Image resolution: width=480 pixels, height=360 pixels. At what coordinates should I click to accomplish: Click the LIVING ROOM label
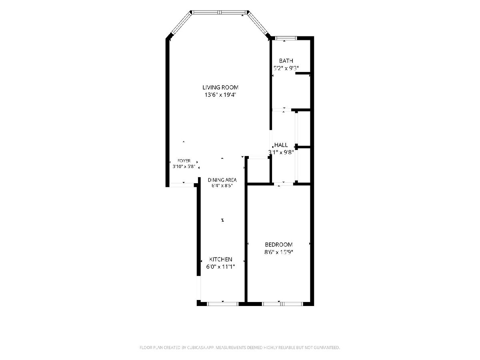pyautogui.click(x=220, y=88)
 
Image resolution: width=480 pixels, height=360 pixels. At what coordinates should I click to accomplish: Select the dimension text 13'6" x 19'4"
pyautogui.click(x=220, y=95)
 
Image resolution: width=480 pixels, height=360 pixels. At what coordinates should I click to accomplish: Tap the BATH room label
pyautogui.click(x=286, y=60)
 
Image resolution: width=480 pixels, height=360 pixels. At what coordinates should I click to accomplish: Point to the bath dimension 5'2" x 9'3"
pyautogui.click(x=286, y=68)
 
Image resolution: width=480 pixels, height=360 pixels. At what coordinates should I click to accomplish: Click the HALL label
pyautogui.click(x=281, y=145)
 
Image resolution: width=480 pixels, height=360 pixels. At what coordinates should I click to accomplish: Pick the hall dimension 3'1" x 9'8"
pyautogui.click(x=281, y=152)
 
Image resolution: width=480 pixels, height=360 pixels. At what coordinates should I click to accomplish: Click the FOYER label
pyautogui.click(x=184, y=161)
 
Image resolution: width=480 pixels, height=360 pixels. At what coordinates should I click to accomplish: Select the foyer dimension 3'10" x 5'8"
pyautogui.click(x=184, y=166)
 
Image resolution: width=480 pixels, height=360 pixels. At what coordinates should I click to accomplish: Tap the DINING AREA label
pyautogui.click(x=222, y=180)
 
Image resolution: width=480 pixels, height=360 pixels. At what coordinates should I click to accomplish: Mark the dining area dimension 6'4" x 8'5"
pyautogui.click(x=222, y=186)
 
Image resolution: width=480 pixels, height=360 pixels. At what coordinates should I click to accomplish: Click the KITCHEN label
pyautogui.click(x=220, y=260)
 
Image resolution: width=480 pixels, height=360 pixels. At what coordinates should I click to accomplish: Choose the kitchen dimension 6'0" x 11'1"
pyautogui.click(x=220, y=267)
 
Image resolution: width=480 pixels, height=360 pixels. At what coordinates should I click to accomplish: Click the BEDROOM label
pyautogui.click(x=278, y=244)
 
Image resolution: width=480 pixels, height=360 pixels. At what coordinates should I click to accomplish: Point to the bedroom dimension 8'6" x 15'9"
pyautogui.click(x=278, y=252)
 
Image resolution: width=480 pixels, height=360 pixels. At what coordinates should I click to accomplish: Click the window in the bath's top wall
pyautogui.click(x=286, y=38)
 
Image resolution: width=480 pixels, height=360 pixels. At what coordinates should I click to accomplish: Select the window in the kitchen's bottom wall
pyautogui.click(x=223, y=304)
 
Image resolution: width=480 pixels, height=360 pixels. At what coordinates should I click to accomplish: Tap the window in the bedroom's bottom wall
pyautogui.click(x=282, y=304)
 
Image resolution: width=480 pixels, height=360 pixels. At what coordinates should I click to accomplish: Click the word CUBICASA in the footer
pyautogui.click(x=196, y=347)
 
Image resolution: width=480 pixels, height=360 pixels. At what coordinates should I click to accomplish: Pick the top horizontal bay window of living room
pyautogui.click(x=220, y=12)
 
